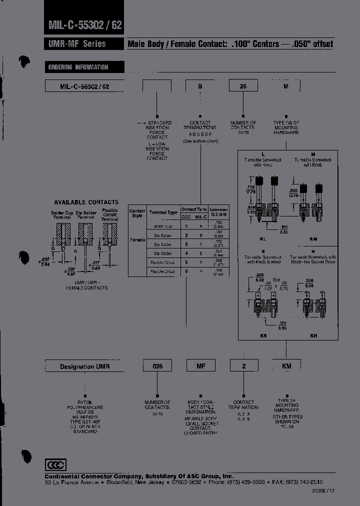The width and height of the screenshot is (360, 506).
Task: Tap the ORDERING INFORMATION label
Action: pos(78,67)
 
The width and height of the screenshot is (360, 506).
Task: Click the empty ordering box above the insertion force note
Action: pos(157,86)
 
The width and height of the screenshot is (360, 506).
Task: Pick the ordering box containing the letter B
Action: pos(200,86)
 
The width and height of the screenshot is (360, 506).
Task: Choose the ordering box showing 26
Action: pos(243,86)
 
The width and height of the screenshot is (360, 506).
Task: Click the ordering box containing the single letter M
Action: pos(286,86)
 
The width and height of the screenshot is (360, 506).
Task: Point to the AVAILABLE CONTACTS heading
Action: pos(86,202)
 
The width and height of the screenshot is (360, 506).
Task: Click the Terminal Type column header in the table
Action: pos(165,212)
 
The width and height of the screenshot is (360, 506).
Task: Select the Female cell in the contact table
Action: pos(137,240)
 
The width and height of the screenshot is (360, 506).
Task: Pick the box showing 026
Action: pos(157,366)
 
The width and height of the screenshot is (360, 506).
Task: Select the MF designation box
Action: pos(200,366)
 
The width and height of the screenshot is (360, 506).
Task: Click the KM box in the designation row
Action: pos(286,366)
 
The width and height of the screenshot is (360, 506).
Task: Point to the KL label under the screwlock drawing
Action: pos(263,239)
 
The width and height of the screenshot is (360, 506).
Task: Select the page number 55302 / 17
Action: pos(323,491)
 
